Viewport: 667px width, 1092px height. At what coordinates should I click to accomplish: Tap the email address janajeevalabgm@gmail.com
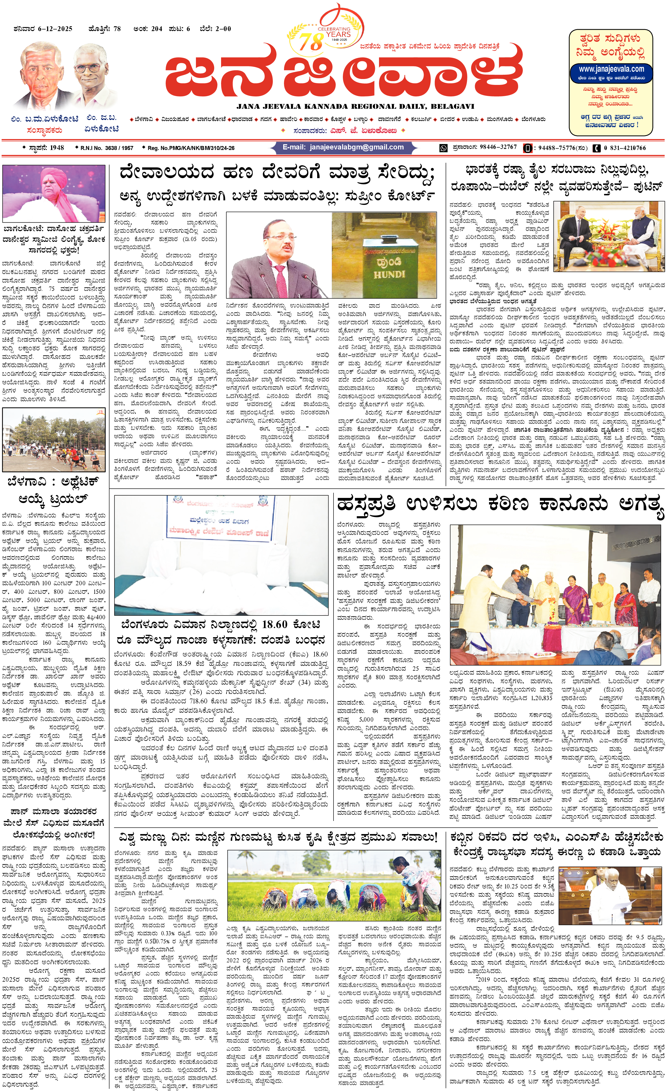(x=357, y=147)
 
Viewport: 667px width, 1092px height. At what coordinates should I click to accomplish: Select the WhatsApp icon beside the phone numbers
(x=443, y=148)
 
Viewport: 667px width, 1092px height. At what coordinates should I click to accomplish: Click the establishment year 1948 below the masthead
(x=57, y=148)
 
